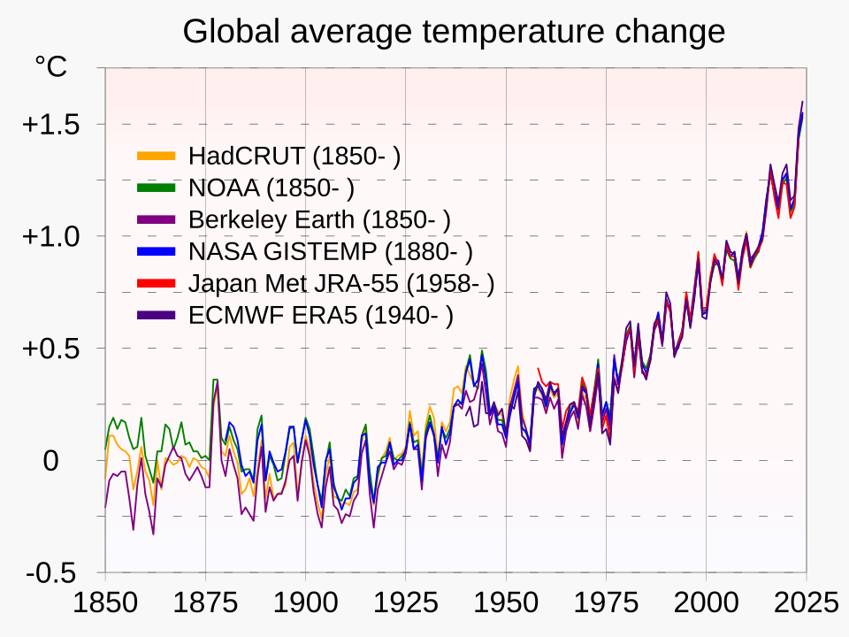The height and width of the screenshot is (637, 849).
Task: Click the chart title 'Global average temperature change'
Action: [454, 32]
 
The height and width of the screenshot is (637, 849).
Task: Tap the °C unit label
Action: [50, 66]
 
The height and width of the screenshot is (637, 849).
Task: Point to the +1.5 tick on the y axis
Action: [50, 125]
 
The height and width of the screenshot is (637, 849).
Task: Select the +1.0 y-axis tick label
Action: [50, 237]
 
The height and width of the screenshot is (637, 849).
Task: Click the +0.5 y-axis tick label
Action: [50, 349]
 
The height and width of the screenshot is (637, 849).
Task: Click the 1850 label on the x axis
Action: [104, 603]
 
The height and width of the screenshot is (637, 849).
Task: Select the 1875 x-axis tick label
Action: [205, 603]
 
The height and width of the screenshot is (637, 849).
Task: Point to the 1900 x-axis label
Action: [305, 603]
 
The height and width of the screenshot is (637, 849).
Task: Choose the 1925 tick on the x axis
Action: [406, 603]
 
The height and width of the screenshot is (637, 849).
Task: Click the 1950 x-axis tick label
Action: [506, 603]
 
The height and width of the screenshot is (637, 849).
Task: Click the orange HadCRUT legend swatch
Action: [156, 157]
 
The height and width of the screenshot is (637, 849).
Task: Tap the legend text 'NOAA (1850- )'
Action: [272, 188]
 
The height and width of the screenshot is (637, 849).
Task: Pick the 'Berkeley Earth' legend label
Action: [319, 219]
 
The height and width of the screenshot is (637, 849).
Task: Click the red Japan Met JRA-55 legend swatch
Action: [156, 283]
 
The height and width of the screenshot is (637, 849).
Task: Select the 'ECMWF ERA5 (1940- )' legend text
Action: [321, 316]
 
